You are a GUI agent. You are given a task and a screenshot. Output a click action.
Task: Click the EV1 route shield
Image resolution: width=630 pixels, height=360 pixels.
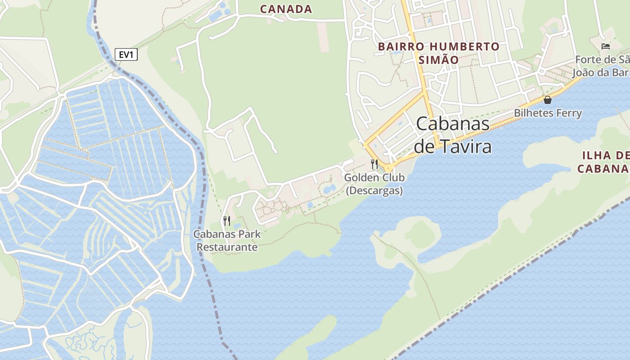pyautogui.click(x=126, y=55)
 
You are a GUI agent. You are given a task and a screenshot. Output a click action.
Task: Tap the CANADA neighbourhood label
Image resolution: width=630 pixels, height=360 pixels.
pyautogui.click(x=286, y=9)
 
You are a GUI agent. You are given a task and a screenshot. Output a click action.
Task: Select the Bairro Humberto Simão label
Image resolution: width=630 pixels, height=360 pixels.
pyautogui.click(x=439, y=53)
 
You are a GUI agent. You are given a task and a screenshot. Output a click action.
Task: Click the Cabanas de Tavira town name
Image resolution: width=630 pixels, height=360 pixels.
pyautogui.click(x=452, y=135)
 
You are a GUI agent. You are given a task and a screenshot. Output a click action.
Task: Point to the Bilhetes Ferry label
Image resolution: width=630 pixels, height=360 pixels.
pyautogui.click(x=548, y=113)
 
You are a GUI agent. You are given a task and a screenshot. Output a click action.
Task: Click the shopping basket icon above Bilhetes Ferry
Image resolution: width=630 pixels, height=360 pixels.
pyautogui.click(x=548, y=100)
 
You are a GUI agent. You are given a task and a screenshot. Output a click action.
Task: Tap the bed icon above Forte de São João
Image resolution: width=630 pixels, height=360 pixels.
pyautogui.click(x=606, y=46)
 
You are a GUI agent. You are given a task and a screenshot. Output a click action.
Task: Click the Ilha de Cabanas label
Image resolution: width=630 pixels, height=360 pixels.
pyautogui.click(x=603, y=162)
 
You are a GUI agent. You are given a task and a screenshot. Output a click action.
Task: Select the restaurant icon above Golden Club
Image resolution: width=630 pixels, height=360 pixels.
pyautogui.click(x=374, y=164)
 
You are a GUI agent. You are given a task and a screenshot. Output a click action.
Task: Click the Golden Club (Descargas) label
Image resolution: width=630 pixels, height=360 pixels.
pyautogui.click(x=374, y=184)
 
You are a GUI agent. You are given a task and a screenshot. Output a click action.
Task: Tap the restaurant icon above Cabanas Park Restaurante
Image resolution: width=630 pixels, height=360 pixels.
pyautogui.click(x=227, y=220)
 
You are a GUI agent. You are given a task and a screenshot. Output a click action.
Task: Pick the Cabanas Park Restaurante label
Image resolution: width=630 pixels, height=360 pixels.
pyautogui.click(x=227, y=241)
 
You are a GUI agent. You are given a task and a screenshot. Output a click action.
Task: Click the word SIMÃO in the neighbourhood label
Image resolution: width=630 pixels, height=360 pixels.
pyautogui.click(x=439, y=60)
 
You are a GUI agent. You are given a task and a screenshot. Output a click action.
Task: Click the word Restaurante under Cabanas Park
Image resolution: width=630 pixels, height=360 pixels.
pyautogui.click(x=227, y=247)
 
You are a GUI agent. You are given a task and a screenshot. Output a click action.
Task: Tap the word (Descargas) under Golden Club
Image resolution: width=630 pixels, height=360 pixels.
pyautogui.click(x=374, y=190)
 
